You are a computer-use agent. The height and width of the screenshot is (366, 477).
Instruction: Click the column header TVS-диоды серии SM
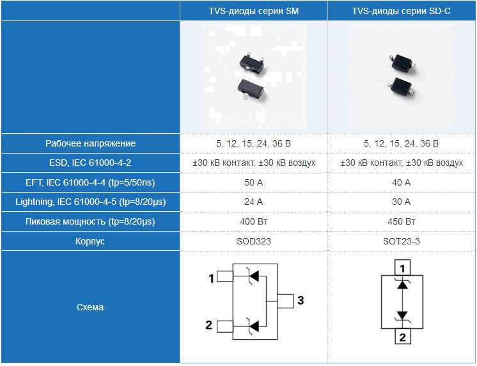253,11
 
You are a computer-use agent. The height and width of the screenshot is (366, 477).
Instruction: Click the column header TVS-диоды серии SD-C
402,11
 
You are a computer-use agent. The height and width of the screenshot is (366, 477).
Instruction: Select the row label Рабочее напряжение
90,143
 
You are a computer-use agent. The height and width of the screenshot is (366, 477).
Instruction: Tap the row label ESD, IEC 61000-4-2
90,163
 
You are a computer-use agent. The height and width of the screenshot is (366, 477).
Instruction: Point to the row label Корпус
90,241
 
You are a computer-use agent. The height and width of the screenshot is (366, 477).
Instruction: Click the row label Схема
90,307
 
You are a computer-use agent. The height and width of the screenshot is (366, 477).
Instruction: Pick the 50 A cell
253,182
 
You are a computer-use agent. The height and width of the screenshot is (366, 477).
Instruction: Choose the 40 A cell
402,182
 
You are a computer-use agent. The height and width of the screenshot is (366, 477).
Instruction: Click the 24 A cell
253,202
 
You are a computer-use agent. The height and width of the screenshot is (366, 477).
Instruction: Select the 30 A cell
402,202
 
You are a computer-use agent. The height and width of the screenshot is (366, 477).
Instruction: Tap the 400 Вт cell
254,221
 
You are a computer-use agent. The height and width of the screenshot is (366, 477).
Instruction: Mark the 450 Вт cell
402,221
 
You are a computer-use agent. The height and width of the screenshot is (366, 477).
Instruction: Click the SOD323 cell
254,241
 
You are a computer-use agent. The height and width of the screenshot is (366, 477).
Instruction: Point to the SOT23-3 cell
402,241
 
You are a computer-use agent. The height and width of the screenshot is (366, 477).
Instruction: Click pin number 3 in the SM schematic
301,300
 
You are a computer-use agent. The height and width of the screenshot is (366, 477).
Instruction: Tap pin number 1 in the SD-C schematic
402,268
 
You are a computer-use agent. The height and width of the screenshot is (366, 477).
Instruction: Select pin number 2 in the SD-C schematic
402,337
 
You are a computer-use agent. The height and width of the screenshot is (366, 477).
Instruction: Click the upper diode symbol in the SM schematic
254,276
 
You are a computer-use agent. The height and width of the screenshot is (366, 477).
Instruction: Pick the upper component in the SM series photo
251,63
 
